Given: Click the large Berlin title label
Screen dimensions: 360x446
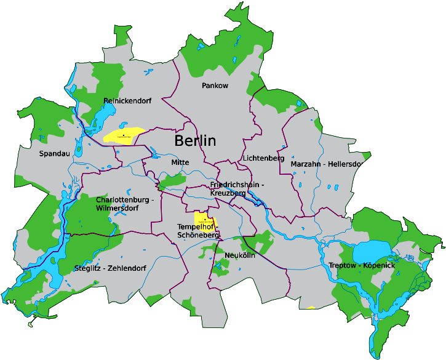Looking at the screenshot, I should click(x=195, y=140).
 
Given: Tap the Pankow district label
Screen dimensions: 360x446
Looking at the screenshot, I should click(x=215, y=86).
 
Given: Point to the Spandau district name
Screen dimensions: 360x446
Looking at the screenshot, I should click(x=55, y=153).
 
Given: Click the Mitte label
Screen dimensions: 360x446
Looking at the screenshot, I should click(x=180, y=162).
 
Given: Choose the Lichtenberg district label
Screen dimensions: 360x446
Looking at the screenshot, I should click(x=263, y=158).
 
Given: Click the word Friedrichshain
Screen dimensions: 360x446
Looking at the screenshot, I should click(x=233, y=185).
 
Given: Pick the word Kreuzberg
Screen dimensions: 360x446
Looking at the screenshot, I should click(x=228, y=193).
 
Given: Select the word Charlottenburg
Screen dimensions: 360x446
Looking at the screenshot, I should click(x=121, y=200).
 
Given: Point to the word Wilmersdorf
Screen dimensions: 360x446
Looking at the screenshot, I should click(x=117, y=208).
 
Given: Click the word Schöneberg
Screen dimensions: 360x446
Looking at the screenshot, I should click(x=198, y=235).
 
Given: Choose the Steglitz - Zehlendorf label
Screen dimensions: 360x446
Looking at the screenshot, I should click(x=110, y=268).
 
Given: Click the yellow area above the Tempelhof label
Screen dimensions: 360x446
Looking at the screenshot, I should click(x=203, y=217).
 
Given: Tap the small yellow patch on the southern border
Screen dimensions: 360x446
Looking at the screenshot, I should click(x=311, y=307).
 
